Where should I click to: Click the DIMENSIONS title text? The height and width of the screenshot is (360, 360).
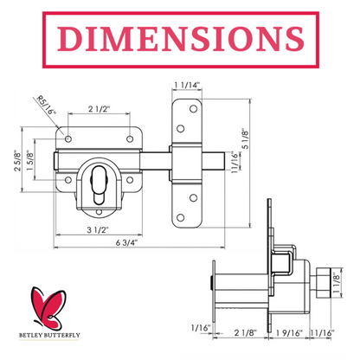coord(181,39)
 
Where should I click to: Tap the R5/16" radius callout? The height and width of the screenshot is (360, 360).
coord(46,105)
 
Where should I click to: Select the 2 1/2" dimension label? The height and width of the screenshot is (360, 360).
coord(100,109)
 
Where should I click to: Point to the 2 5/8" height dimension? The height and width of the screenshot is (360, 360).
coord(18,160)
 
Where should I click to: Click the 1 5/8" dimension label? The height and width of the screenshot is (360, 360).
coord(30,160)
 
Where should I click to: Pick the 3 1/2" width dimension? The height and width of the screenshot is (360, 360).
coord(98,230)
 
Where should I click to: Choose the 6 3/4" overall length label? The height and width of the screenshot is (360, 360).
coord(127,242)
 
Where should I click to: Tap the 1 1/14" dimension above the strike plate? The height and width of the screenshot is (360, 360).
coord(187,85)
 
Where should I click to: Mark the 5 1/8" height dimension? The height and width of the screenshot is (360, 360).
coord(245,138)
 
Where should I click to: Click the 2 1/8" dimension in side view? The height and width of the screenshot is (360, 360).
coord(245,333)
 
